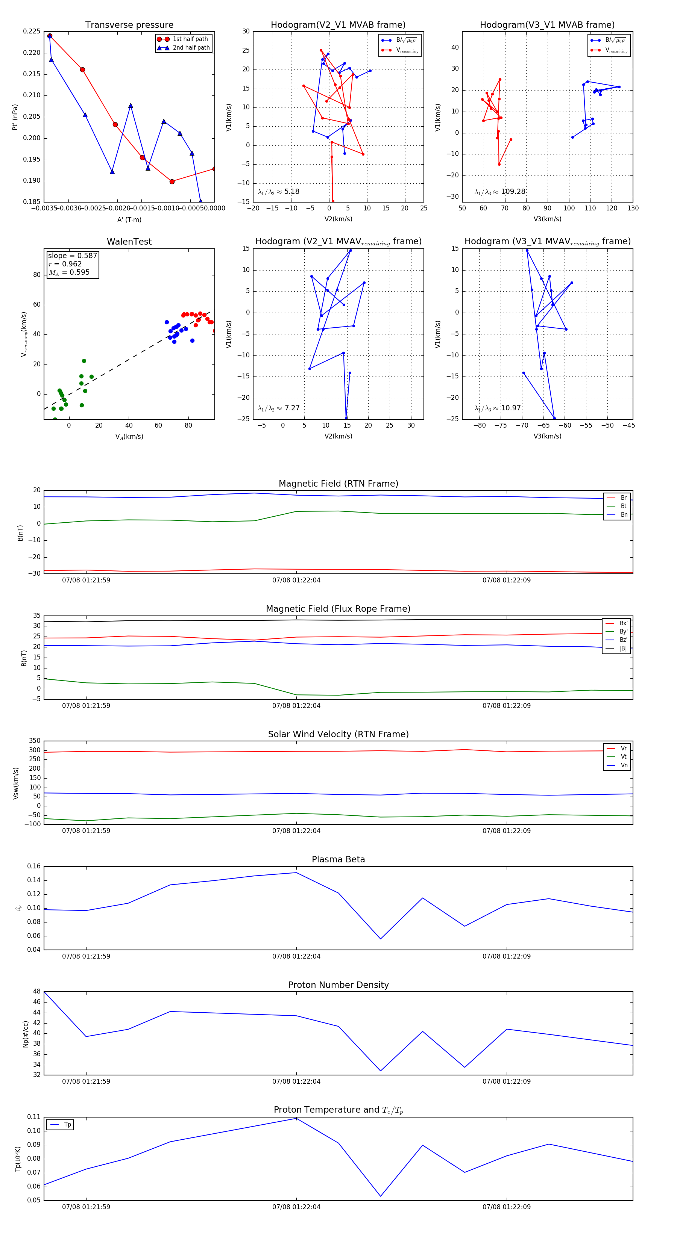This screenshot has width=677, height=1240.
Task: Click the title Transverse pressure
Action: pos(129,25)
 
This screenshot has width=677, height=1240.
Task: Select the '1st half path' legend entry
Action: pos(190,39)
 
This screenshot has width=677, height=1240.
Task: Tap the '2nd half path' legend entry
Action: pos(191,48)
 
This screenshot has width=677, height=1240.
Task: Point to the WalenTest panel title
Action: pos(129,242)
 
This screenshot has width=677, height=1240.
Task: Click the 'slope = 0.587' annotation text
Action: pos(72,256)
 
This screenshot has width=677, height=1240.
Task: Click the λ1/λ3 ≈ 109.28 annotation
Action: pos(500,192)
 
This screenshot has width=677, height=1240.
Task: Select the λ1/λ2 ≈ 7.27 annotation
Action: pos(278,408)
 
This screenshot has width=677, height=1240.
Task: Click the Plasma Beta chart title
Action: pos(338,859)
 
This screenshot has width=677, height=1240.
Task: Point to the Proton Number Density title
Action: pos(338,985)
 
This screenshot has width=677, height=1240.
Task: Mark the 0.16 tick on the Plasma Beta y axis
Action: pos(34,866)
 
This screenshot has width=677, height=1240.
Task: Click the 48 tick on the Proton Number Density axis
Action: pos(36,992)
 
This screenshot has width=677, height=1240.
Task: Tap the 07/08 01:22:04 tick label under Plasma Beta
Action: pos(296,956)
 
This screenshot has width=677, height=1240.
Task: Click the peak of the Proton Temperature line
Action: pos(296,1118)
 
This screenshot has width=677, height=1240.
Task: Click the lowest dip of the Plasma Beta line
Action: pos(381,939)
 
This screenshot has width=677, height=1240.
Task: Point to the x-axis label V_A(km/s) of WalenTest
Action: pos(129,437)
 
